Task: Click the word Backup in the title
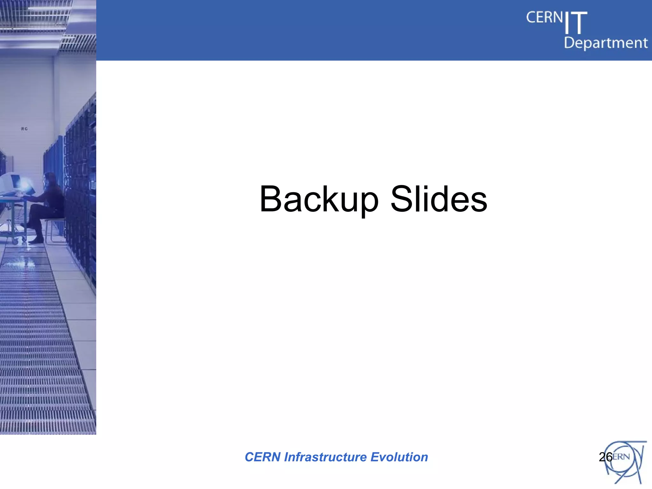(x=319, y=200)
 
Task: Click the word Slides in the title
(x=439, y=199)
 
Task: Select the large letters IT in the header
(x=576, y=23)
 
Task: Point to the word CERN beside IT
(x=544, y=18)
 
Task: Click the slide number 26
(x=606, y=457)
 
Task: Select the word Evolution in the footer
(x=399, y=457)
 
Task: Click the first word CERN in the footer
(x=263, y=457)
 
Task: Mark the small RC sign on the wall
(x=25, y=129)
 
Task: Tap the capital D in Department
(x=569, y=43)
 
